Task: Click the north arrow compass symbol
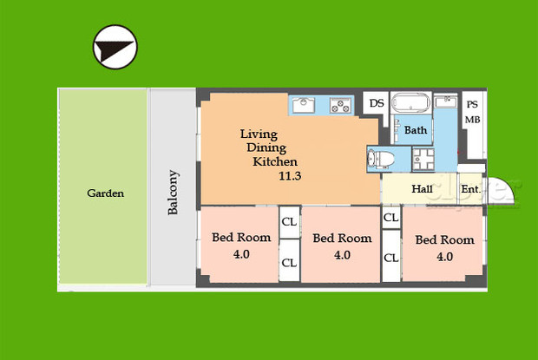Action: click(115, 47)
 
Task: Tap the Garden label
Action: click(105, 193)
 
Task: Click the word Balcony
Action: click(173, 192)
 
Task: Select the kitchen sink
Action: click(304, 105)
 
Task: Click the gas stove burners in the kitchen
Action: click(340, 106)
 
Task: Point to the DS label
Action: click(377, 103)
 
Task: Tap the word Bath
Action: click(416, 131)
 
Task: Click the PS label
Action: click(472, 104)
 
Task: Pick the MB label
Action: click(472, 120)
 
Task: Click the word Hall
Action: click(423, 189)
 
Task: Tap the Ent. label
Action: click(470, 189)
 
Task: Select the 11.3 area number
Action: click(291, 176)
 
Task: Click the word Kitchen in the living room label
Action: click(275, 162)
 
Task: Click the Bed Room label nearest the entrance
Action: click(444, 239)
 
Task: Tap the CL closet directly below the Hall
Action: click(390, 217)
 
